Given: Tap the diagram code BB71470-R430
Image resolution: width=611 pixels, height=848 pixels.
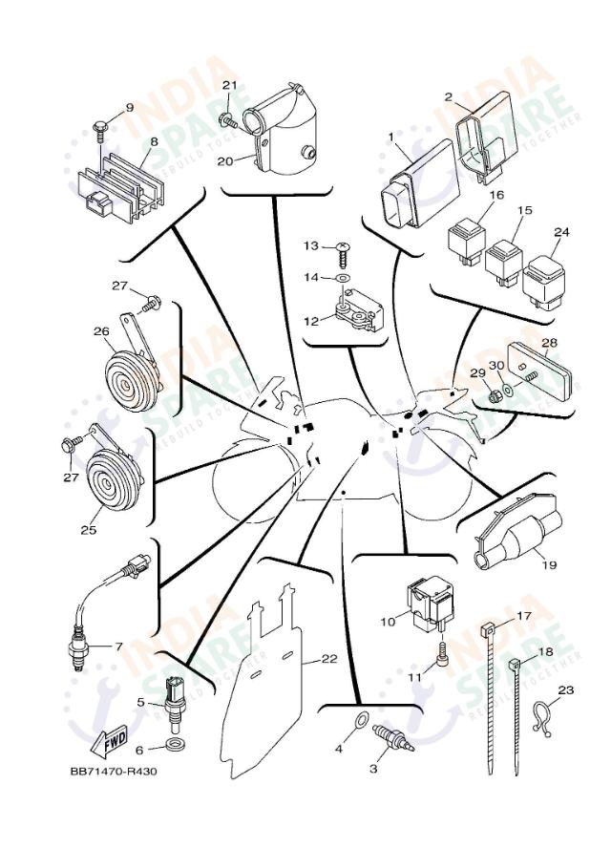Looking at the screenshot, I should click(x=112, y=772).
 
